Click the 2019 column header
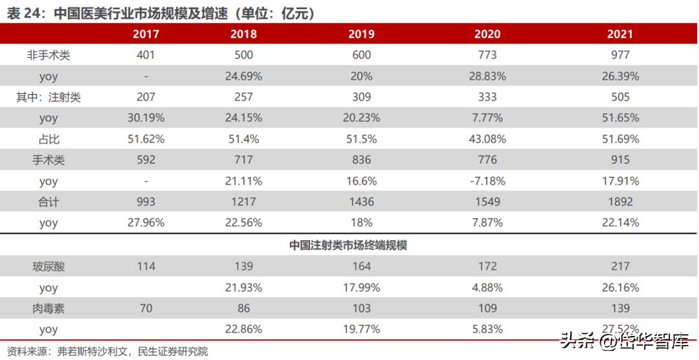click(x=361, y=34)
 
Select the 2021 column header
click(x=619, y=34)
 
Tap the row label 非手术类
click(x=49, y=55)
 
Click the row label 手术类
click(x=49, y=160)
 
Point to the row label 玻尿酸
click(x=49, y=266)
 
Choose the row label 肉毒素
click(x=49, y=308)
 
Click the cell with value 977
click(x=619, y=55)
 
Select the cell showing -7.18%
click(x=487, y=181)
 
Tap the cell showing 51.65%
click(x=619, y=118)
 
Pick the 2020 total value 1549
click(x=487, y=202)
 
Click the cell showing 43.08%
click(x=487, y=139)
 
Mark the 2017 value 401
click(x=146, y=55)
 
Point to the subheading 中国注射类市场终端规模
click(x=348, y=245)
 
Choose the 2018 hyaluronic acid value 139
click(x=243, y=266)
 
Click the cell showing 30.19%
click(x=146, y=118)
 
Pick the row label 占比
click(x=49, y=139)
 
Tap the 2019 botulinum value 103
click(x=361, y=308)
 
